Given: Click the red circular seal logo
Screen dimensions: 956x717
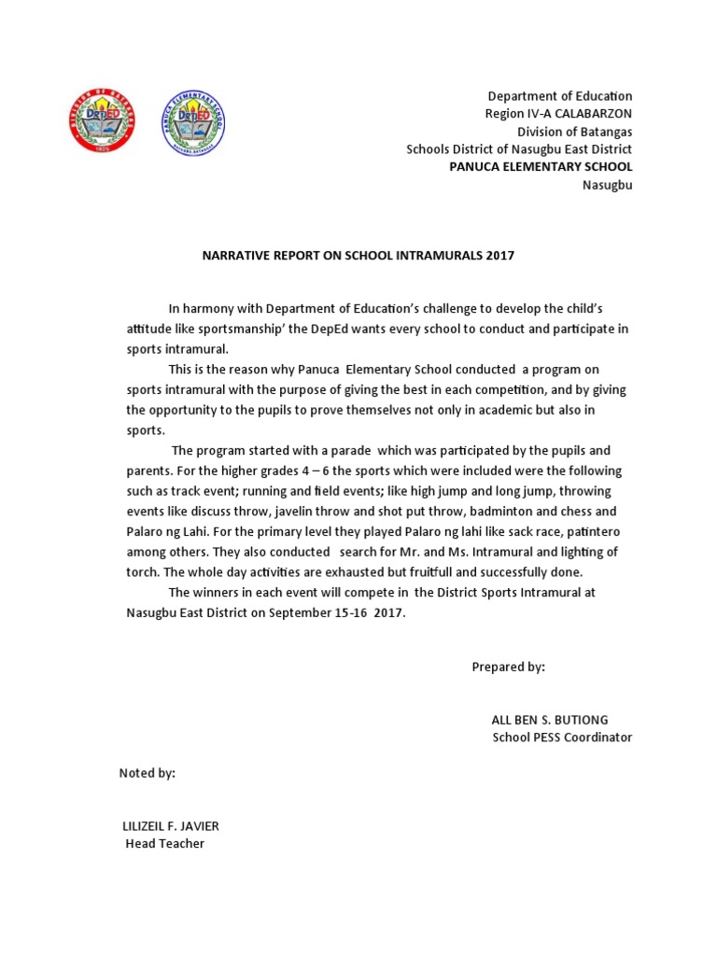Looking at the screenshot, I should tap(102, 122).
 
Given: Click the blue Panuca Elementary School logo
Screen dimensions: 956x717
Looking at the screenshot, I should tap(194, 122).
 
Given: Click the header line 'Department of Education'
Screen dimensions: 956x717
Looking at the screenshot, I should tap(560, 96).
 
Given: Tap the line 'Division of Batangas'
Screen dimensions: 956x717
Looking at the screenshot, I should tap(574, 132).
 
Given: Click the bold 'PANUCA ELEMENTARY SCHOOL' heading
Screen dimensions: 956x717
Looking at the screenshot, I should tap(541, 166).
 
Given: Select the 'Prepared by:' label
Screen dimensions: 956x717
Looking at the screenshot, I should tap(508, 667).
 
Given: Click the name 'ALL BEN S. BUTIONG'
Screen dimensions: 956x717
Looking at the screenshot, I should tap(549, 720).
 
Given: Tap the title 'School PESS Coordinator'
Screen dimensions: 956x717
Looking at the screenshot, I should tap(562, 737).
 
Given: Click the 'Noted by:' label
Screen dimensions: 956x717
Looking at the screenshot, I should tap(147, 774).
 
